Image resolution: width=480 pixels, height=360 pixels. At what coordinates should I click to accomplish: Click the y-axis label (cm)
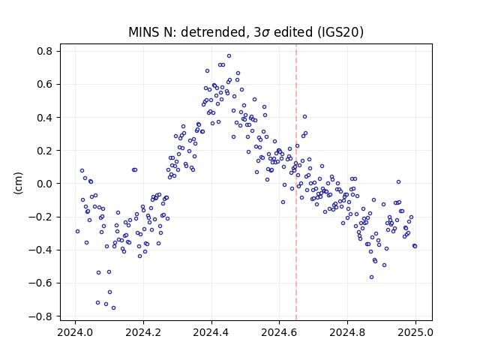pyautogui.click(x=18, y=183)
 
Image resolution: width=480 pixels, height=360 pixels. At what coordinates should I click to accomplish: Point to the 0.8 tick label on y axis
pyautogui.click(x=44, y=51)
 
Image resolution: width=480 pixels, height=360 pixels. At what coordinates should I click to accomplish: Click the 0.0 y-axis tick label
pyautogui.click(x=44, y=184)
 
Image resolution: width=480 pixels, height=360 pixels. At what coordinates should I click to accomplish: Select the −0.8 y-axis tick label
pyautogui.click(x=40, y=316)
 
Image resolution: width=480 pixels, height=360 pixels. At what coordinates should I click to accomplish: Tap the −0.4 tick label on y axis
pyautogui.click(x=40, y=250)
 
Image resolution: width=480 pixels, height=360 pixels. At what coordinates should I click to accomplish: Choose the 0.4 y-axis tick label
pyautogui.click(x=44, y=118)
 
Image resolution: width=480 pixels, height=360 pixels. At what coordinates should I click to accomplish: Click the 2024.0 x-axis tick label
pyautogui.click(x=75, y=332)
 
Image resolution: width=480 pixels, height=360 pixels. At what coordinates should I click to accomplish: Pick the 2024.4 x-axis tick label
pyautogui.click(x=211, y=332)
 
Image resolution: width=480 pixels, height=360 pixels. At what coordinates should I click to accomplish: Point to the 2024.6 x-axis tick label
pyautogui.click(x=279, y=332)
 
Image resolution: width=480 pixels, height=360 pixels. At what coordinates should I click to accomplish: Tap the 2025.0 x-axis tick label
pyautogui.click(x=415, y=332)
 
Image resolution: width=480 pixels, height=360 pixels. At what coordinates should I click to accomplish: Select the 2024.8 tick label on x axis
pyautogui.click(x=347, y=332)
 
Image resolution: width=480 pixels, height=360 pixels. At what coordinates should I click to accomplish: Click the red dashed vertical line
pyautogui.click(x=296, y=182)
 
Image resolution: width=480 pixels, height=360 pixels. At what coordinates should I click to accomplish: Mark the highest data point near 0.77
pyautogui.click(x=229, y=56)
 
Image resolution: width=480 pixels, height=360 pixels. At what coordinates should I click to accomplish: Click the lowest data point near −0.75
pyautogui.click(x=113, y=308)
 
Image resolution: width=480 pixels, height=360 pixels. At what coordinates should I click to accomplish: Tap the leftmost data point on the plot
pyautogui.click(x=77, y=232)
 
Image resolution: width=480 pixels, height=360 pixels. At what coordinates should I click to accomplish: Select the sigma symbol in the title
pyautogui.click(x=265, y=33)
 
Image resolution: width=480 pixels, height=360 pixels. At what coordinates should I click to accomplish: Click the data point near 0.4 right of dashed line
pyautogui.click(x=305, y=117)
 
